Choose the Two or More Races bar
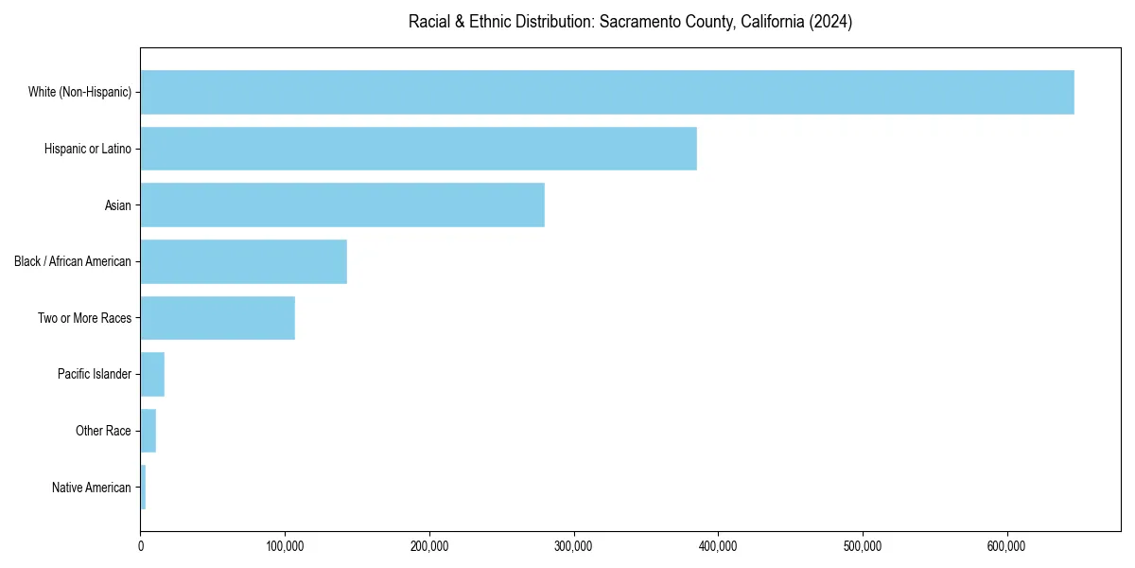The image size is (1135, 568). tap(218, 318)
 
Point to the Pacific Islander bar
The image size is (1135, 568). tap(152, 375)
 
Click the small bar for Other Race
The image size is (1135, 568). tap(148, 431)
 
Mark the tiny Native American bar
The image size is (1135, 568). tap(143, 488)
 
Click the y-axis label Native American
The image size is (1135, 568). tap(91, 488)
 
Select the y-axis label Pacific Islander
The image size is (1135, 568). tap(94, 375)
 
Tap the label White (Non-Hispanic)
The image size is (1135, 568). tap(79, 92)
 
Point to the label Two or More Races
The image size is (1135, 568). tap(84, 318)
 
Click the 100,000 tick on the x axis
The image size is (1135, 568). tap(285, 546)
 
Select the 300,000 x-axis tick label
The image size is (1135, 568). tap(573, 546)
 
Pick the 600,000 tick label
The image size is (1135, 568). tap(1006, 546)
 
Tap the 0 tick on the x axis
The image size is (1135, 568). tap(141, 546)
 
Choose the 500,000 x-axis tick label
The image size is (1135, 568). tap(862, 546)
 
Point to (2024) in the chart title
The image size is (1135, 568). tap(831, 22)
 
